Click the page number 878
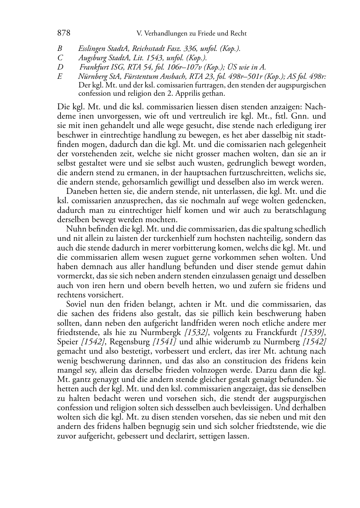pyautogui.click(x=63, y=33)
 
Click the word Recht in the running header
pyautogui.click(x=238, y=34)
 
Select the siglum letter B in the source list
pyautogui.click(x=60, y=49)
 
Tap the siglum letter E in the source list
pyautogui.click(x=60, y=77)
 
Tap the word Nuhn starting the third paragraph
pyautogui.click(x=75, y=229)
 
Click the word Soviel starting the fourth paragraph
pyautogui.click(x=76, y=304)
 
